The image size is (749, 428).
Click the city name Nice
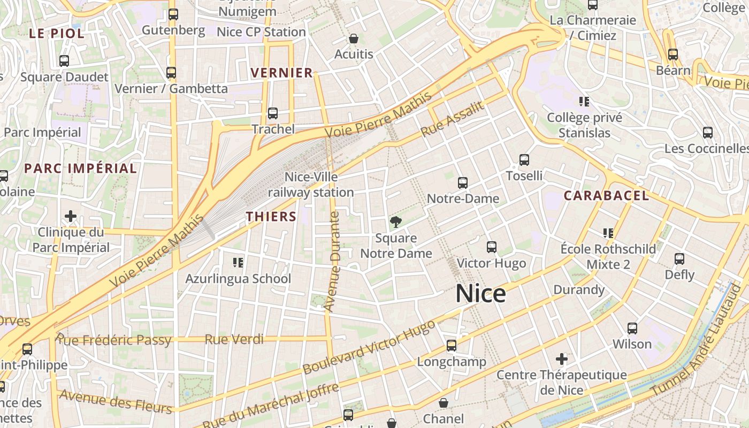tap(480, 294)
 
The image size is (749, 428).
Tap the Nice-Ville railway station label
tap(311, 185)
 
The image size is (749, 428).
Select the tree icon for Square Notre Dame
tap(396, 221)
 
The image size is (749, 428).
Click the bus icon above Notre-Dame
tap(463, 183)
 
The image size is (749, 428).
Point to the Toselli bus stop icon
tap(524, 159)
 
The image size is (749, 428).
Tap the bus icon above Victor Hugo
tap(492, 247)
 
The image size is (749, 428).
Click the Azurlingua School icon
tap(238, 262)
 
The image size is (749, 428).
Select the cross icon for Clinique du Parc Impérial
tap(71, 216)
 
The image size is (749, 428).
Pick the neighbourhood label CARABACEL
tap(606, 196)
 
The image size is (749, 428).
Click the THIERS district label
tap(271, 217)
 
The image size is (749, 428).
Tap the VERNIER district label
tap(281, 73)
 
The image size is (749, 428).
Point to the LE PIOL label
tap(57, 34)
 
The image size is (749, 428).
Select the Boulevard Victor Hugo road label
tap(369, 348)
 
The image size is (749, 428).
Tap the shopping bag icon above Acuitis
tap(354, 39)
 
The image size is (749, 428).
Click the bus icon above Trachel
tap(273, 113)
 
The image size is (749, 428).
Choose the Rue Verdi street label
tap(234, 339)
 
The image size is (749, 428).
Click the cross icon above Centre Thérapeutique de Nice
tap(562, 358)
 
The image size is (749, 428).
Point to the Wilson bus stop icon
tap(632, 328)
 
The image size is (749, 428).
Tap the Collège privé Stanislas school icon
tap(584, 101)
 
